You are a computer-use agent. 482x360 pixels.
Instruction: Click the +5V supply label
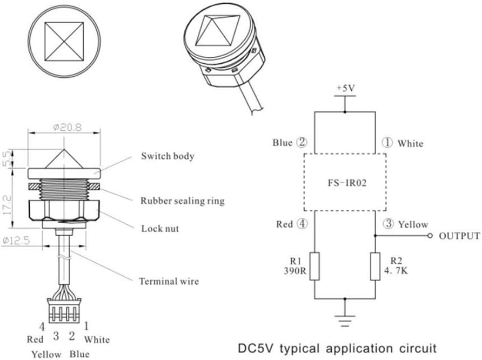pos(344,88)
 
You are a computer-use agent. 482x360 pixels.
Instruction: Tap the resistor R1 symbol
pos(314,265)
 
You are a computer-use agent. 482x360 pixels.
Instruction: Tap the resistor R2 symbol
pos(375,265)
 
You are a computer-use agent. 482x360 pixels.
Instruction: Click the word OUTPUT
pos(459,236)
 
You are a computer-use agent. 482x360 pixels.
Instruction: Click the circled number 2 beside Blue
pos(302,143)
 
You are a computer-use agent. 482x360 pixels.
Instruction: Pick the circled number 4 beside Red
pos(302,224)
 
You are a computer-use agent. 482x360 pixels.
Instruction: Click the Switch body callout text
pos(168,156)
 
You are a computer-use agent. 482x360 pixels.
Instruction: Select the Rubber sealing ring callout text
pos(182,201)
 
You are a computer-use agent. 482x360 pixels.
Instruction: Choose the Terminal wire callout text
pos(169,281)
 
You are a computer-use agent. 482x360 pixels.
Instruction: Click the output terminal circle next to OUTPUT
pos(430,236)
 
